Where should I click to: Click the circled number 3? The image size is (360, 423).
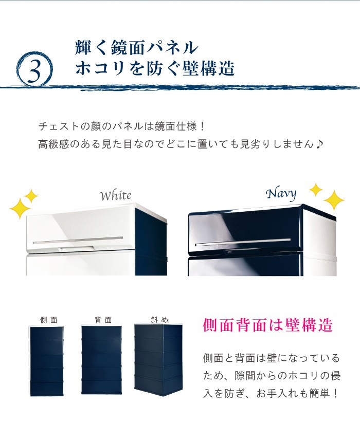click(x=34, y=69)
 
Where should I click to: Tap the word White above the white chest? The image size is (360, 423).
click(x=115, y=195)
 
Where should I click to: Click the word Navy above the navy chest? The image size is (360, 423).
click(x=281, y=194)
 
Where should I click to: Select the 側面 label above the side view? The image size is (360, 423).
click(x=48, y=320)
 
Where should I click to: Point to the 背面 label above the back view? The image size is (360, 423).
click(x=103, y=320)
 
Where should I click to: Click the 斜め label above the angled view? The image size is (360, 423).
click(x=159, y=320)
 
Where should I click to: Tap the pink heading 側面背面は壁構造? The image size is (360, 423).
click(x=267, y=325)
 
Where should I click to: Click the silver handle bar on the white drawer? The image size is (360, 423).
click(x=78, y=240)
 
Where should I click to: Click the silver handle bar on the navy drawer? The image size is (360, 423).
click(x=243, y=242)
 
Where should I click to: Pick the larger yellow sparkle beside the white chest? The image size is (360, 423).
click(x=20, y=209)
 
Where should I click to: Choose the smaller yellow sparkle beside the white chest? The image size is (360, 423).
click(x=31, y=196)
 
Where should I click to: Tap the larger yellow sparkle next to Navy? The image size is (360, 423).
click(x=334, y=200)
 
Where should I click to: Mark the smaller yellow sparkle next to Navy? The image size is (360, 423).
click(x=315, y=190)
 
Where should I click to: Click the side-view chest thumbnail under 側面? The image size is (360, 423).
click(x=46, y=361)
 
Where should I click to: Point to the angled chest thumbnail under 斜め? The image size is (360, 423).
click(x=159, y=360)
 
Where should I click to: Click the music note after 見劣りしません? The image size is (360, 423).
click(x=319, y=144)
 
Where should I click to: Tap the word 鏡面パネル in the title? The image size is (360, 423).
click(x=154, y=47)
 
